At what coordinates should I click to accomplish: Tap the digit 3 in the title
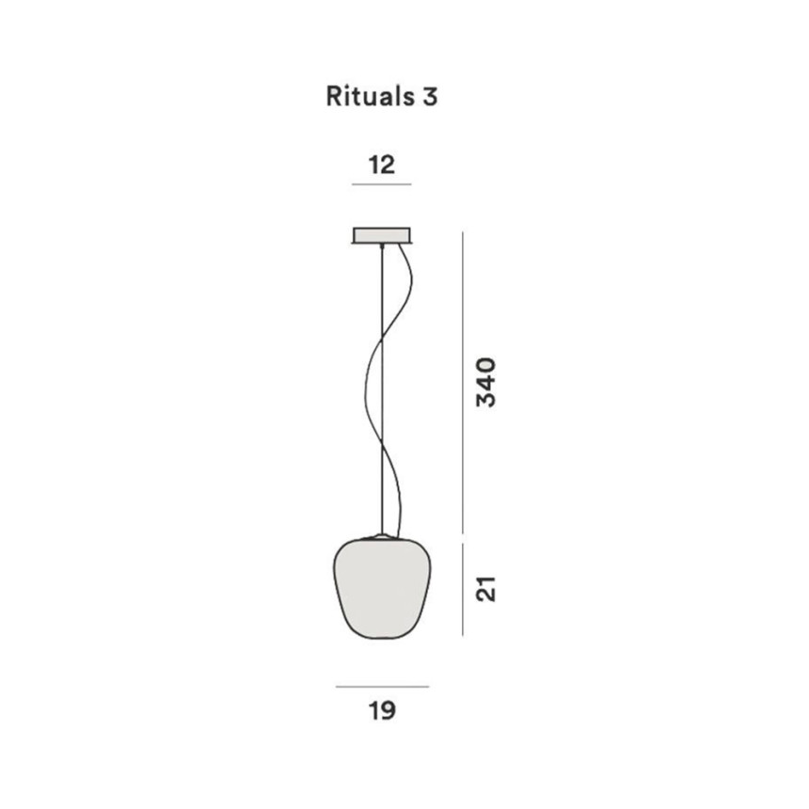(x=430, y=97)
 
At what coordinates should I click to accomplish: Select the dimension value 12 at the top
(x=382, y=166)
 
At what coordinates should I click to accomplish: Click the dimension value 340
(x=486, y=382)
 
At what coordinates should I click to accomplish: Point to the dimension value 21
(x=486, y=589)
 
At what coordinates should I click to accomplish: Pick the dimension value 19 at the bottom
(x=382, y=710)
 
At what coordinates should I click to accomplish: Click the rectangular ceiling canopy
(x=382, y=235)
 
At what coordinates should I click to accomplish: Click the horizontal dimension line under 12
(x=382, y=184)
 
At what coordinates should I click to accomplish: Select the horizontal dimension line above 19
(x=382, y=687)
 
